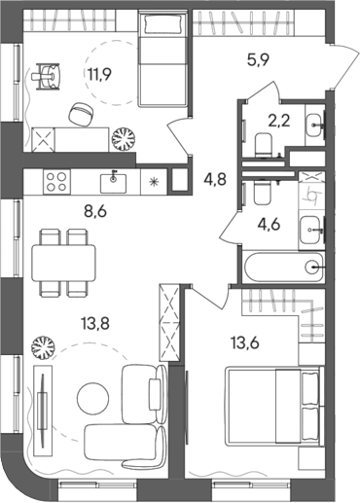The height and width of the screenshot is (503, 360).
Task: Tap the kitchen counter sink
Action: tap(114, 179)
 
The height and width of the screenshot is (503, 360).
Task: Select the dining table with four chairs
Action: tap(63, 260)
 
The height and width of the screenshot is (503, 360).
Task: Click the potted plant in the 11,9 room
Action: tap(125, 138)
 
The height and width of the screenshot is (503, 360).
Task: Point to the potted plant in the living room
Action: tap(43, 345)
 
